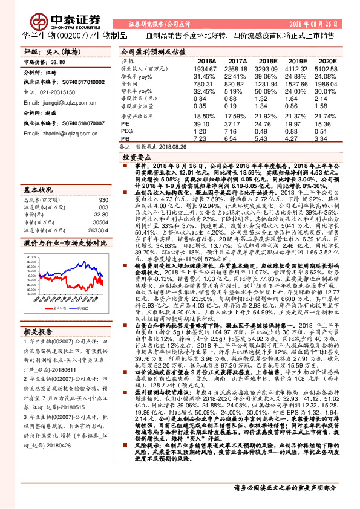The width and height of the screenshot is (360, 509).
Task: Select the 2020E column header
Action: coord(326,62)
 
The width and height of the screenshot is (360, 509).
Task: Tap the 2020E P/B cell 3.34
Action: coord(324,138)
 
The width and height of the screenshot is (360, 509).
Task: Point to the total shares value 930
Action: coord(103,199)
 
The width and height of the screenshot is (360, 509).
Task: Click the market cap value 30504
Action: coord(100,222)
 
